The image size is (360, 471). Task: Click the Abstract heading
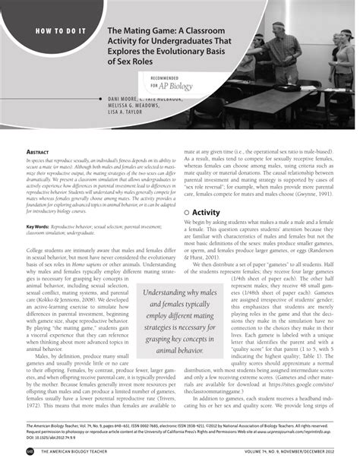pos(39,152)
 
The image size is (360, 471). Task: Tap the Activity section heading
pos(207,213)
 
